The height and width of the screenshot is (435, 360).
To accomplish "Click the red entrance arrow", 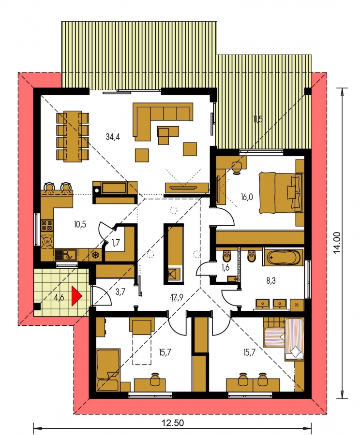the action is coord(76,296).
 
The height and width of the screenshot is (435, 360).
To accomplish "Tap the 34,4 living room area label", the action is coord(113,136).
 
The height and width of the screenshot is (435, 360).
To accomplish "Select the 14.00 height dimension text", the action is coord(337,243).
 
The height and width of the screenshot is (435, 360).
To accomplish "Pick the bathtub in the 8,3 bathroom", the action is coord(283,258).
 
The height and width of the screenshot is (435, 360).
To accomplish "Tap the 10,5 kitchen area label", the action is coord(80,224).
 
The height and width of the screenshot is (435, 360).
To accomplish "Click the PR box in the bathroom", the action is coord(297,305).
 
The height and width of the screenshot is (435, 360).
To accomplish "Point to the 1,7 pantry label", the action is coord(116,243).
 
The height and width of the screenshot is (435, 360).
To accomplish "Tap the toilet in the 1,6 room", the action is coord(226,256).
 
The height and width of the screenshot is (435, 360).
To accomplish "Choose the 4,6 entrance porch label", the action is coord(59,298).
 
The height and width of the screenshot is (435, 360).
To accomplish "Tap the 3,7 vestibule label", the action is coord(120,291).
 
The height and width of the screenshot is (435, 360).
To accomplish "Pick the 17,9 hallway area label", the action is coord(177,298).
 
